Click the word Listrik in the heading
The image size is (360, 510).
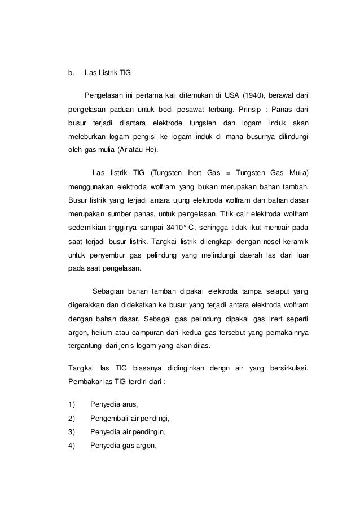tap(107, 73)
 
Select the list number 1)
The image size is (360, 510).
tap(71, 404)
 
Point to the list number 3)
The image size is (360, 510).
tap(71, 433)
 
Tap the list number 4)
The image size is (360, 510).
tap(71, 446)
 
